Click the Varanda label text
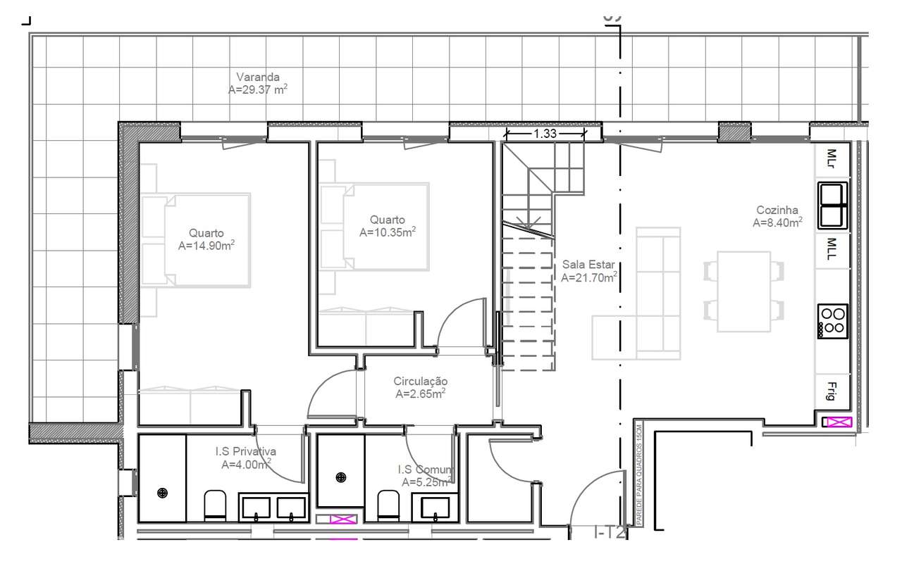[258, 77]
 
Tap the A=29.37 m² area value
[258, 90]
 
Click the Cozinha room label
[777, 210]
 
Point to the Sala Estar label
[589, 265]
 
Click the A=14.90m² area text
[206, 246]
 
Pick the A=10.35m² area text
[387, 232]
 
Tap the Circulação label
[420, 382]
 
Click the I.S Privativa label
[246, 451]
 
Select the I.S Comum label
[426, 470]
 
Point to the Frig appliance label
[832, 391]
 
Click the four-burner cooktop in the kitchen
[832, 321]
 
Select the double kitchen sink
[832, 206]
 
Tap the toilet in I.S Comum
[388, 504]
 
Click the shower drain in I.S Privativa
[163, 493]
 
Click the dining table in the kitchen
[744, 291]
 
